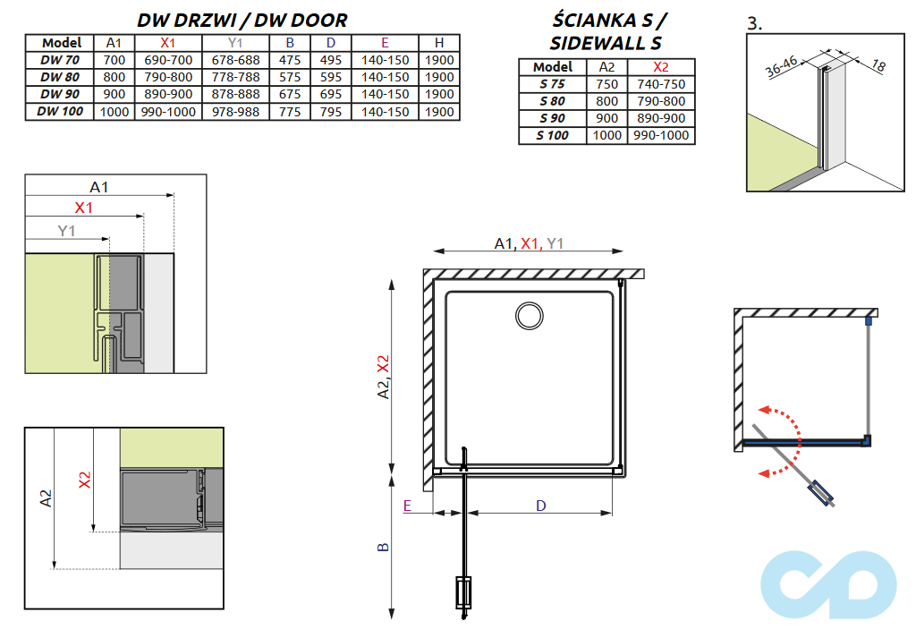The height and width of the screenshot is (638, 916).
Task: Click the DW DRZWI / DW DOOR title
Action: click(242, 20)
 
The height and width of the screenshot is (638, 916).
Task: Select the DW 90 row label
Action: click(61, 94)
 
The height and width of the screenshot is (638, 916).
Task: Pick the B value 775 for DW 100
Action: click(289, 112)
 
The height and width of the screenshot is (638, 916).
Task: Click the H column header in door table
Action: click(438, 42)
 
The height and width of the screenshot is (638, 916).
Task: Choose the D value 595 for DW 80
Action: click(331, 77)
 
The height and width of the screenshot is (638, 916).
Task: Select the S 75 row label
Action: click(552, 84)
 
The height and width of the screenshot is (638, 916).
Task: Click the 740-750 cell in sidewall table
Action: click(661, 84)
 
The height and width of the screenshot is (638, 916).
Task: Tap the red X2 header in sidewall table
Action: click(661, 67)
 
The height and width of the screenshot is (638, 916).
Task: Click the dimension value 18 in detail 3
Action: click(879, 64)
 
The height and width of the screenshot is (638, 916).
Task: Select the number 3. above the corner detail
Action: click(754, 24)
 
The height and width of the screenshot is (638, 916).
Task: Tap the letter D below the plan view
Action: click(541, 506)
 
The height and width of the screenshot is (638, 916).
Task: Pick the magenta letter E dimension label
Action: click(407, 506)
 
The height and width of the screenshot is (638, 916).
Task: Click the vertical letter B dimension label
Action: click(384, 548)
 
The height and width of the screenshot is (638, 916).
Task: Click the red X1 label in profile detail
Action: click(83, 208)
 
